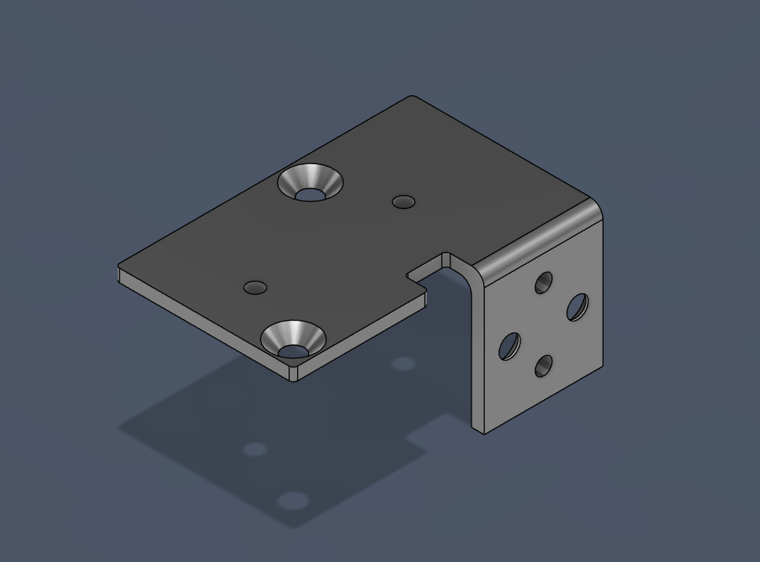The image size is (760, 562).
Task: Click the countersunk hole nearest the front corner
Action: pos(293,340)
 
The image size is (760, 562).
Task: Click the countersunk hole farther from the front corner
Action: pos(310,182)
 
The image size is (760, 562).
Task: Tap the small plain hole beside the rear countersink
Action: pos(404,202)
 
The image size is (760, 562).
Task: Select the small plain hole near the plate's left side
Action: pos(255,288)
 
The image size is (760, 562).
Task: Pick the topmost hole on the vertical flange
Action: pos(543,283)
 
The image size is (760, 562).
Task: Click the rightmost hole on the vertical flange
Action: pos(578,307)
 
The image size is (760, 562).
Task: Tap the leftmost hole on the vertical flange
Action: pos(509,346)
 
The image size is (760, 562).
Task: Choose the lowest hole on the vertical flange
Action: pos(543,365)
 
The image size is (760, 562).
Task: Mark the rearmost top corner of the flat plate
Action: pos(413,97)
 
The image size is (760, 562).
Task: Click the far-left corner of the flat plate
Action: pos(120,267)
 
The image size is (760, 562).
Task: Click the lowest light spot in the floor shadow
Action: pos(292,501)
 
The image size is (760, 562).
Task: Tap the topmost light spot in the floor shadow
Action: pos(403,364)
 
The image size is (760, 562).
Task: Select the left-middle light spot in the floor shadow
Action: pos(255,450)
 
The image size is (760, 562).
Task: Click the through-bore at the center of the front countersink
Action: pos(292,350)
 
